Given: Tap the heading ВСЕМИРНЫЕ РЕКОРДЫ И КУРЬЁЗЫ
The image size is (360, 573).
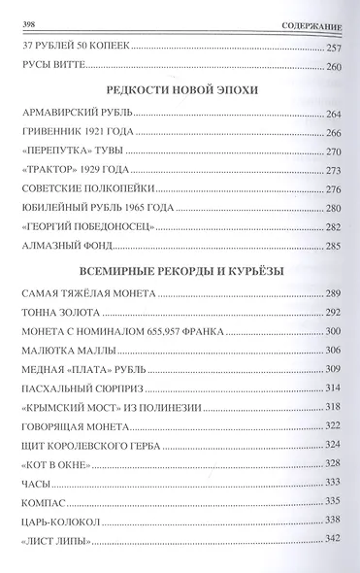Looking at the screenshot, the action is [180, 270].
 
